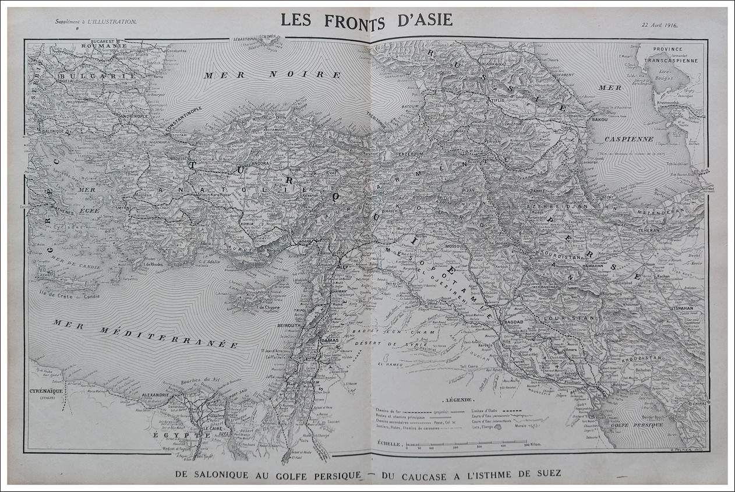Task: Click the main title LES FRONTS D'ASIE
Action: pyautogui.click(x=366, y=19)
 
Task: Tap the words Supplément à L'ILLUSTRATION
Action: pyautogui.click(x=96, y=22)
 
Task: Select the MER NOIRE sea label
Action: pyautogui.click(x=272, y=75)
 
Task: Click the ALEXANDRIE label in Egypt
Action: pyautogui.click(x=155, y=395)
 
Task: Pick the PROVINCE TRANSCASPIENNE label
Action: pyautogui.click(x=676, y=54)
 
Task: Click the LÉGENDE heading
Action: pyautogui.click(x=458, y=401)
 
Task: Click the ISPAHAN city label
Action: pyautogui.click(x=683, y=307)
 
